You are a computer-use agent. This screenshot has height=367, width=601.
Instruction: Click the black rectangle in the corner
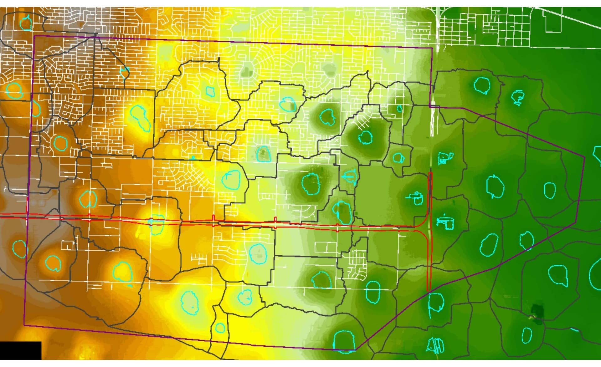[x=20, y=350]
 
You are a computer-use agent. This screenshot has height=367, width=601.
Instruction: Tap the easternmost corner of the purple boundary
[x=584, y=156]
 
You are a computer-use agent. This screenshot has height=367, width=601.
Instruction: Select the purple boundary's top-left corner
[x=34, y=36]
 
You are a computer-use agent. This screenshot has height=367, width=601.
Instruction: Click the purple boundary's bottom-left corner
[x=24, y=325]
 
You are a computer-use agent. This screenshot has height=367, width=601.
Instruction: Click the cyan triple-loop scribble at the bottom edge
[x=436, y=345]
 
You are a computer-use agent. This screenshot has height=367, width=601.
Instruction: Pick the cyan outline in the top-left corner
[x=25, y=22]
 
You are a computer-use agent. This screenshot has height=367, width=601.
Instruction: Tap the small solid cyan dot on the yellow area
[x=193, y=157]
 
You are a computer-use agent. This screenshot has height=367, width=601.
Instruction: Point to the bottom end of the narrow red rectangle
[x=429, y=290]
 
